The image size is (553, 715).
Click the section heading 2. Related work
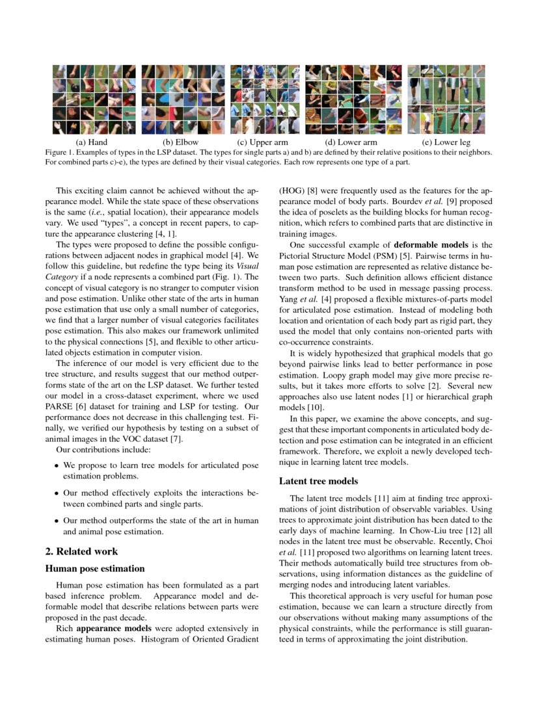point(81,551)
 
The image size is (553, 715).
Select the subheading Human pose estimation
point(94,568)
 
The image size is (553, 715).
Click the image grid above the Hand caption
point(94,99)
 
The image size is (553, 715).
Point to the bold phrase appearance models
point(113,629)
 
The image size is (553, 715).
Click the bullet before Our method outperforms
point(57,521)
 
